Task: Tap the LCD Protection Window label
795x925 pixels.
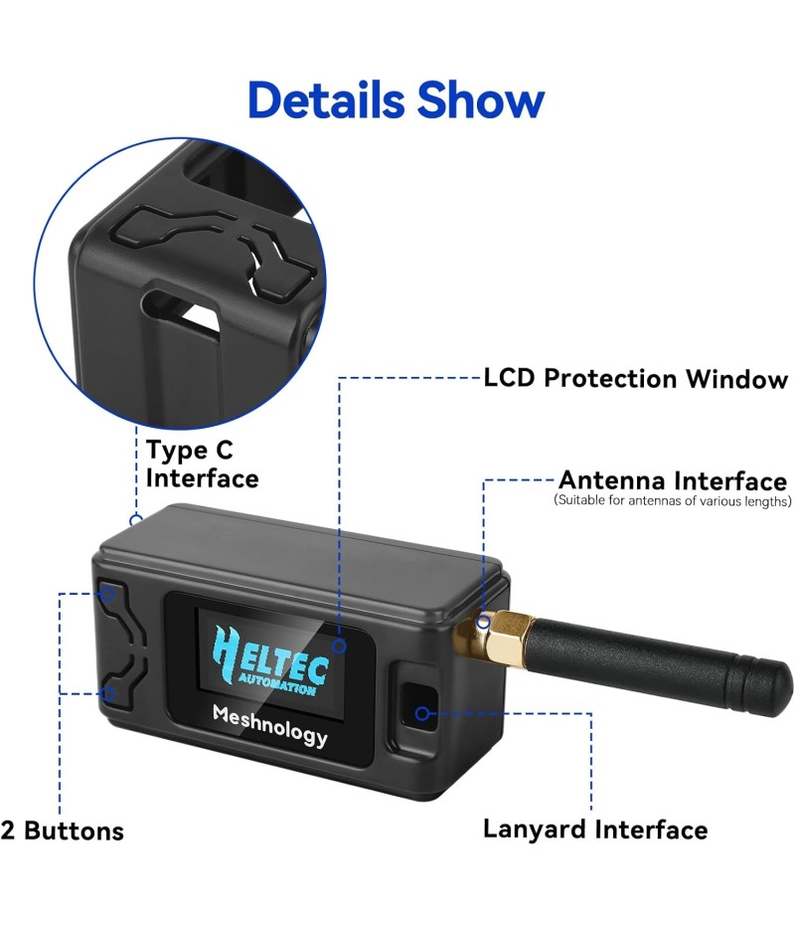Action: point(635,379)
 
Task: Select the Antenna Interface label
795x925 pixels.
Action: point(673,481)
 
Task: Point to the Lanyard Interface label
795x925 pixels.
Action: point(595,830)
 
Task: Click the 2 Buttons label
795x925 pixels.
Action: point(63,831)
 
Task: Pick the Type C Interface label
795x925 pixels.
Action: point(202,463)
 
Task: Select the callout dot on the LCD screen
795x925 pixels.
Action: point(339,646)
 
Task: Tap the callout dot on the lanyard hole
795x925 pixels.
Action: point(422,712)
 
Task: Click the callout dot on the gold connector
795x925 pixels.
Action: point(484,624)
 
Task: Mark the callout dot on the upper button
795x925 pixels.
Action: point(109,595)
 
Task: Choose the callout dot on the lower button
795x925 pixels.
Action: point(109,693)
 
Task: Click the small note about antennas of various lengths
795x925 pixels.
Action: point(673,501)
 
